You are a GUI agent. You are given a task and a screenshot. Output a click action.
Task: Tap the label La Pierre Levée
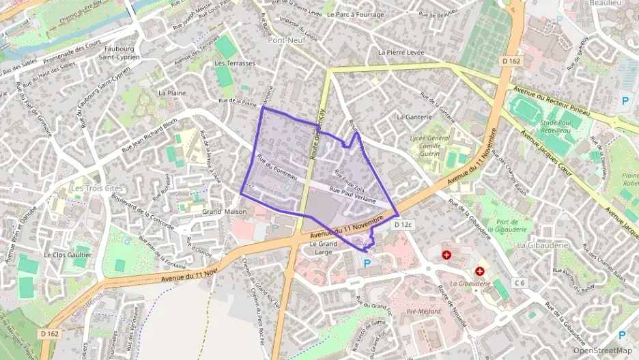[401, 52]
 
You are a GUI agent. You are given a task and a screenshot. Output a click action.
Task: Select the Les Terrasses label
[234, 63]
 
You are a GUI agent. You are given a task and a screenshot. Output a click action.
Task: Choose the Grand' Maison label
[224, 212]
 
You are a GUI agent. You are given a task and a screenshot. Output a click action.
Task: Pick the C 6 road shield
[520, 283]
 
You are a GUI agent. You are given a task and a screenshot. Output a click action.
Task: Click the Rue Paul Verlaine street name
[353, 195]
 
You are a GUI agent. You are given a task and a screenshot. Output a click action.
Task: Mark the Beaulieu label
[605, 3]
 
